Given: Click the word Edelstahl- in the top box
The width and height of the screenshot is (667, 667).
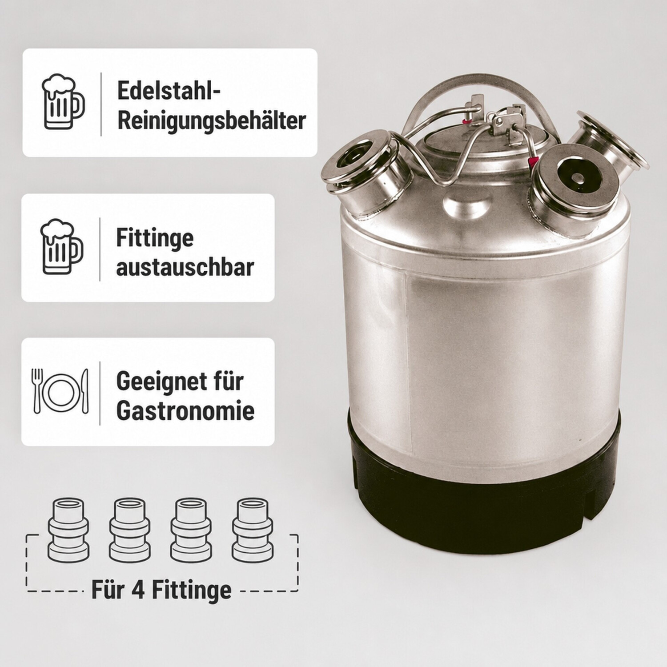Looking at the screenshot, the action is [x=169, y=91].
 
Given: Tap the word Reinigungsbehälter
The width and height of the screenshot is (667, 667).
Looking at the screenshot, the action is [x=212, y=121].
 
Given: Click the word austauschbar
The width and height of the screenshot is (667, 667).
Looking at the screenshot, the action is [x=185, y=267].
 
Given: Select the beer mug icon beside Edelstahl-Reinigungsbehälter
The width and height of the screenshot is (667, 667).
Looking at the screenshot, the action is [x=63, y=102].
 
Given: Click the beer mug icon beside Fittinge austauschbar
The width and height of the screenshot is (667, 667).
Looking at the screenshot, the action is [x=62, y=247].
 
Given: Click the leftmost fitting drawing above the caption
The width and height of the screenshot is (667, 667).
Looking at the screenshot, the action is [x=68, y=529].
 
